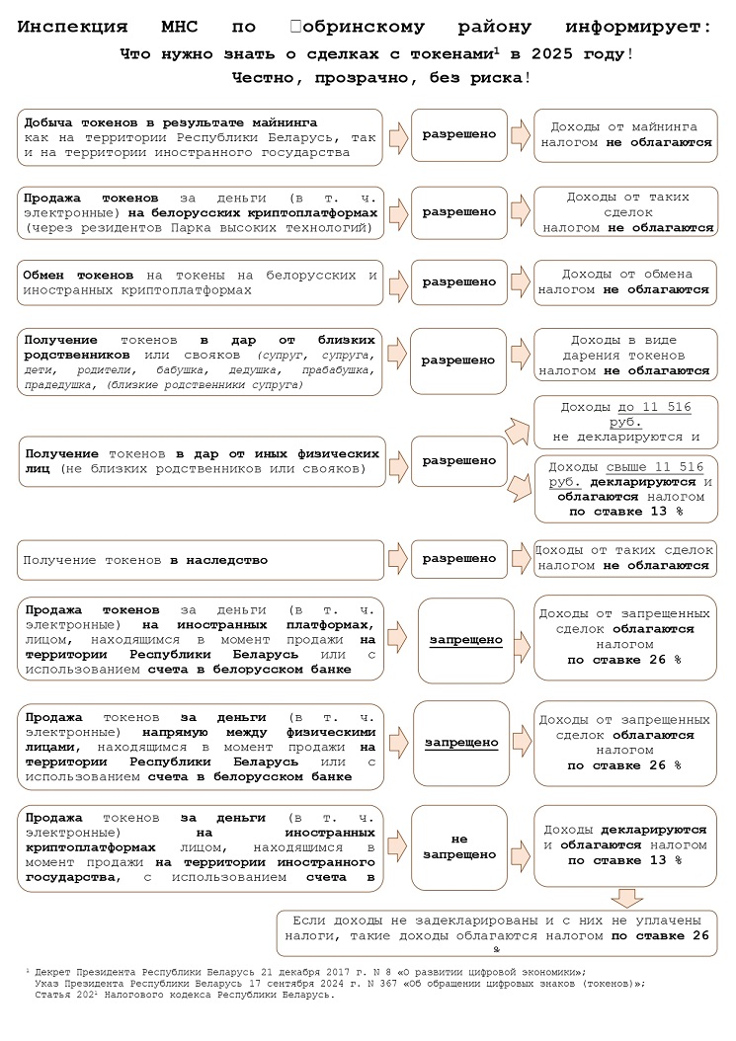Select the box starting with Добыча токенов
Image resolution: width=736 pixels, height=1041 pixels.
(201, 136)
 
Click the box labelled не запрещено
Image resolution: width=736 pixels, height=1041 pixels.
(459, 846)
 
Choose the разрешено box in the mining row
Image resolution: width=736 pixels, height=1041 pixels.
(459, 134)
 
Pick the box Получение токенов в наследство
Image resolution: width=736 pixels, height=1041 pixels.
(201, 560)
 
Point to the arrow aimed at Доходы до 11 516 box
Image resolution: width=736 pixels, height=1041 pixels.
(516, 429)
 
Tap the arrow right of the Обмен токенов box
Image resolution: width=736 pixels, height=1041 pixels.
(396, 281)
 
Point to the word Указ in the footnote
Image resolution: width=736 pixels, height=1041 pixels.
(47, 983)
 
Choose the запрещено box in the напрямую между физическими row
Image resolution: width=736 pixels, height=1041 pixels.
(461, 742)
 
